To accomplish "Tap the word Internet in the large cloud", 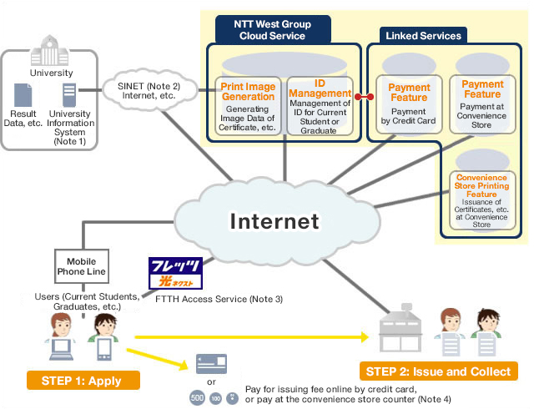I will [274, 221].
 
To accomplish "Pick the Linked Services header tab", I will [422, 36].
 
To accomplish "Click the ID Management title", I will [318, 89].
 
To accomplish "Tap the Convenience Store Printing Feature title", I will [481, 185].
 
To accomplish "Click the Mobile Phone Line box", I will [82, 265].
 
